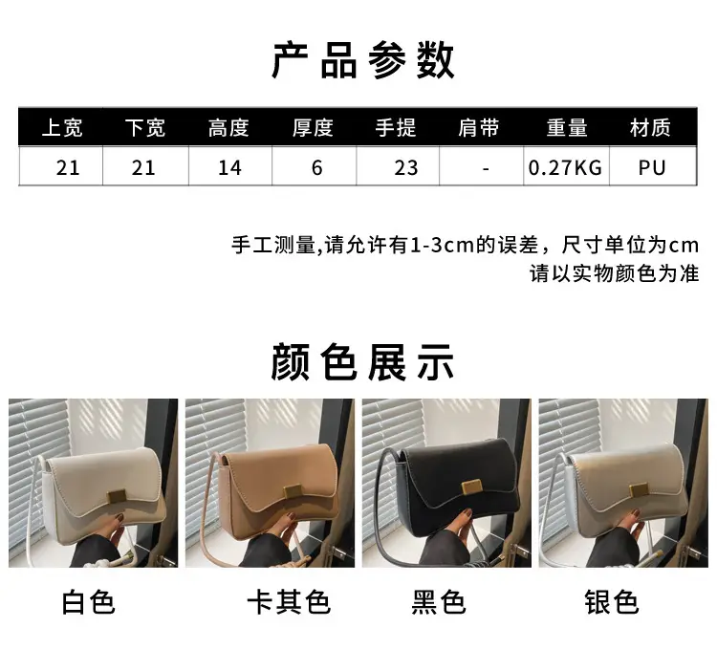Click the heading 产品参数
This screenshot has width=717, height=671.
(363, 61)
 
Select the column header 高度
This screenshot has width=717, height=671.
(228, 127)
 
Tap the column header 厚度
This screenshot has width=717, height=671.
(313, 127)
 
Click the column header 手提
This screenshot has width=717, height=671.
(396, 127)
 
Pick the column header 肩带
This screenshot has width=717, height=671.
(479, 127)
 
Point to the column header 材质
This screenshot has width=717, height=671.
(650, 127)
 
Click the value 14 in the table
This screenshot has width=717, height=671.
(229, 168)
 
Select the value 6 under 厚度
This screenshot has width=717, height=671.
(316, 168)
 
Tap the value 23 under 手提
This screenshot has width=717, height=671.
(406, 168)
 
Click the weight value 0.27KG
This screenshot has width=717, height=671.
(565, 168)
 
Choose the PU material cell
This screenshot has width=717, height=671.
(652, 168)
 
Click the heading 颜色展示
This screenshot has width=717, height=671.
(362, 363)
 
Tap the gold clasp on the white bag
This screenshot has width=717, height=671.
(117, 496)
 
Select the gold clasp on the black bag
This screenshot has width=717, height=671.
(471, 486)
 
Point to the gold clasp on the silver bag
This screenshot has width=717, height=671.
(639, 491)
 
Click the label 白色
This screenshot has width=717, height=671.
(89, 602)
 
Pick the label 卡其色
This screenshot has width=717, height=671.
(289, 602)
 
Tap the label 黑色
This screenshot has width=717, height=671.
(439, 602)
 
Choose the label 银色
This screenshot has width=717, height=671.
(612, 602)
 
